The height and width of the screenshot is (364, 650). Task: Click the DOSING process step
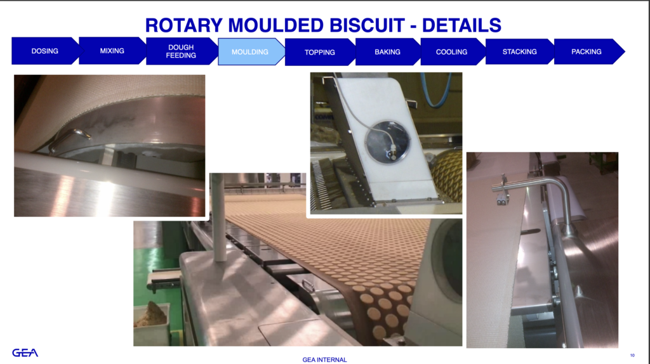coord(45,51)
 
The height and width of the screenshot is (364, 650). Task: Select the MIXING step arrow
coord(112,51)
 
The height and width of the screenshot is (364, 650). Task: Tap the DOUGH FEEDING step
coord(181,51)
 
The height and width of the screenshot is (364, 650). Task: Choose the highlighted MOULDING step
coord(250,52)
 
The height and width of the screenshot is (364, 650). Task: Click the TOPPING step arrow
coord(320,52)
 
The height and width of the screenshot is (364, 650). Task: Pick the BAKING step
coord(388,52)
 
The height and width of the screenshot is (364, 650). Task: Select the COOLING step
coord(451,52)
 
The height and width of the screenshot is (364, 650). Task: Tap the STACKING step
coord(519,51)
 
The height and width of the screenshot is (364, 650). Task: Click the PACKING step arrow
coord(587,51)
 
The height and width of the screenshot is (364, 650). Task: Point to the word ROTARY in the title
coord(184,25)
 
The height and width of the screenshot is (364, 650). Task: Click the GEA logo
coord(25,353)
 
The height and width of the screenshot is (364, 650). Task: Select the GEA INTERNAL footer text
coord(324,360)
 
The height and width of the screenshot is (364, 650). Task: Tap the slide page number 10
coord(632,355)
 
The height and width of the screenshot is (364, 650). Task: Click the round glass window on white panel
coord(388,141)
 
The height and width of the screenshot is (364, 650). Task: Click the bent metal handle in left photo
coord(69,139)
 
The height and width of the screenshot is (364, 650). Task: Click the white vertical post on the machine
coord(218,218)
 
